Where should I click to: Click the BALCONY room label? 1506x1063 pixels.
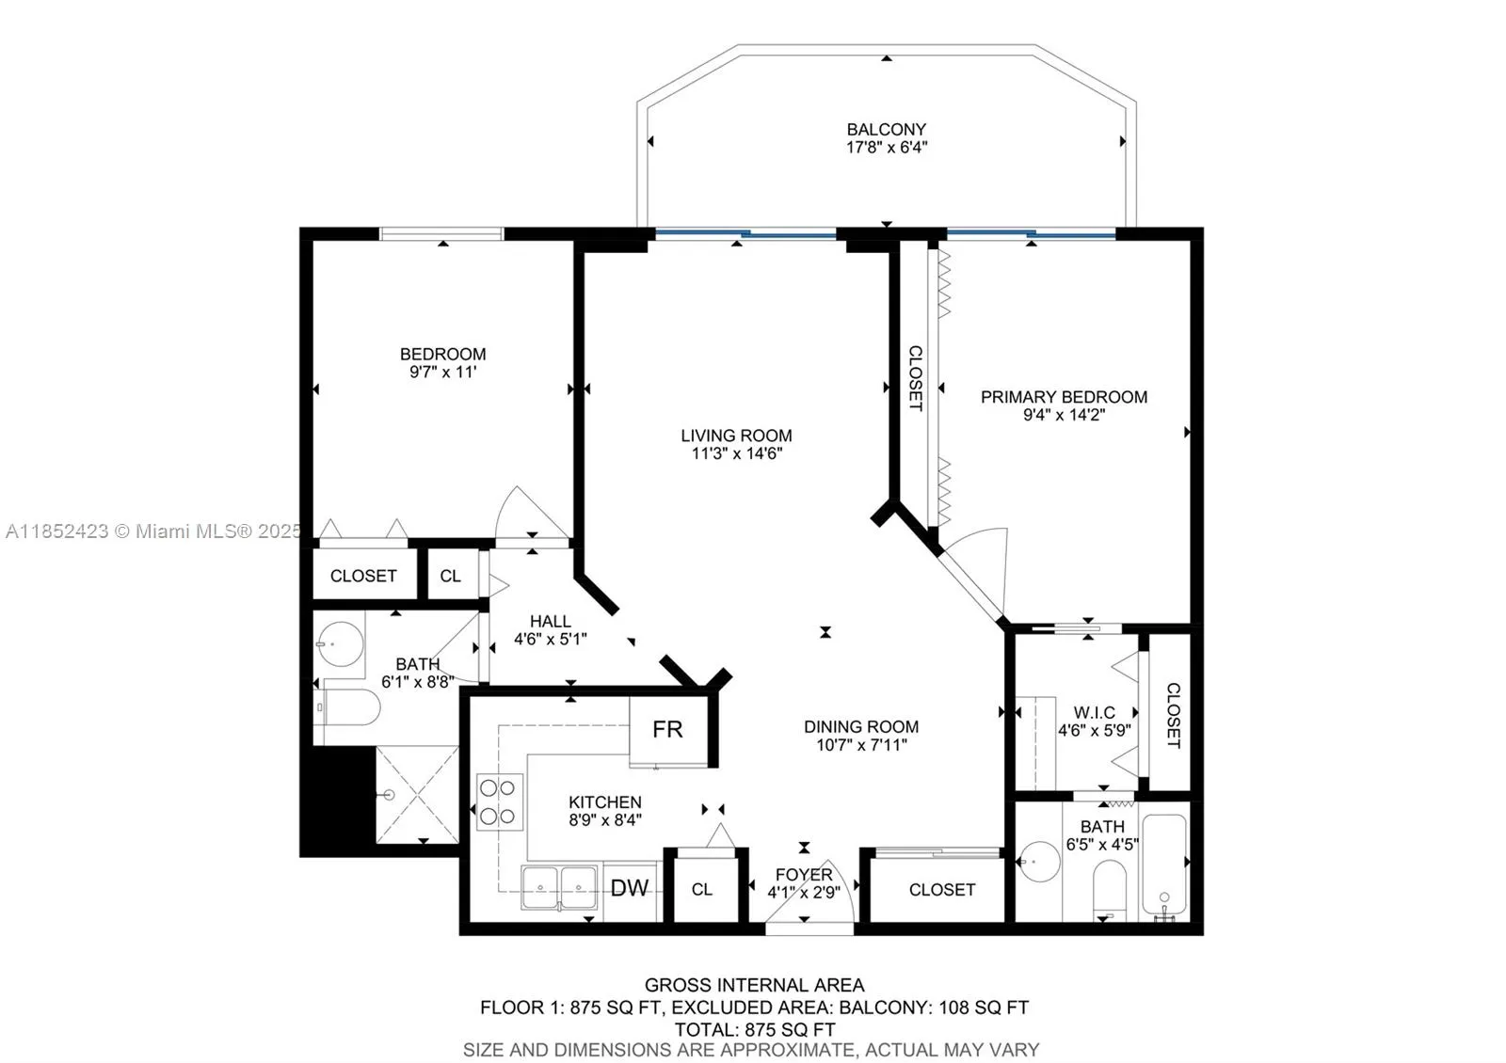tap(886, 129)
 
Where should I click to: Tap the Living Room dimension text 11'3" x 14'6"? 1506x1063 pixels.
tap(737, 453)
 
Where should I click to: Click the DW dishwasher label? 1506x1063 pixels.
tap(630, 888)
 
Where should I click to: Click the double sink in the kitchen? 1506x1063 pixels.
tap(559, 888)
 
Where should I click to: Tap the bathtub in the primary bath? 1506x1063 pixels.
tap(1164, 866)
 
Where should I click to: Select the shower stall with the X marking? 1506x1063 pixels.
tap(418, 795)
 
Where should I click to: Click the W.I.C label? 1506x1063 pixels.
tap(1095, 712)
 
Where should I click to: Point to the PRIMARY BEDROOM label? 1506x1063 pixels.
tap(1064, 397)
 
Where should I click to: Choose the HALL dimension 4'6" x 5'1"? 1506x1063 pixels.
tap(551, 639)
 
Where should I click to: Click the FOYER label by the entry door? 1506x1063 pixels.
tap(804, 875)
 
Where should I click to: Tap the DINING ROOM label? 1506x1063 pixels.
tap(861, 727)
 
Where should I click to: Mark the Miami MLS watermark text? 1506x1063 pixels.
tap(153, 531)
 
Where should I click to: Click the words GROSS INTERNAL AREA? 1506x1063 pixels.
tap(754, 985)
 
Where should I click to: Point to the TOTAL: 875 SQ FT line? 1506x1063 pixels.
tap(755, 1029)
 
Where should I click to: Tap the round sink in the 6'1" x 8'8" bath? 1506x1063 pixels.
tap(340, 643)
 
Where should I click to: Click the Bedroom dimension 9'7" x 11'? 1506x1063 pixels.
tap(443, 372)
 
